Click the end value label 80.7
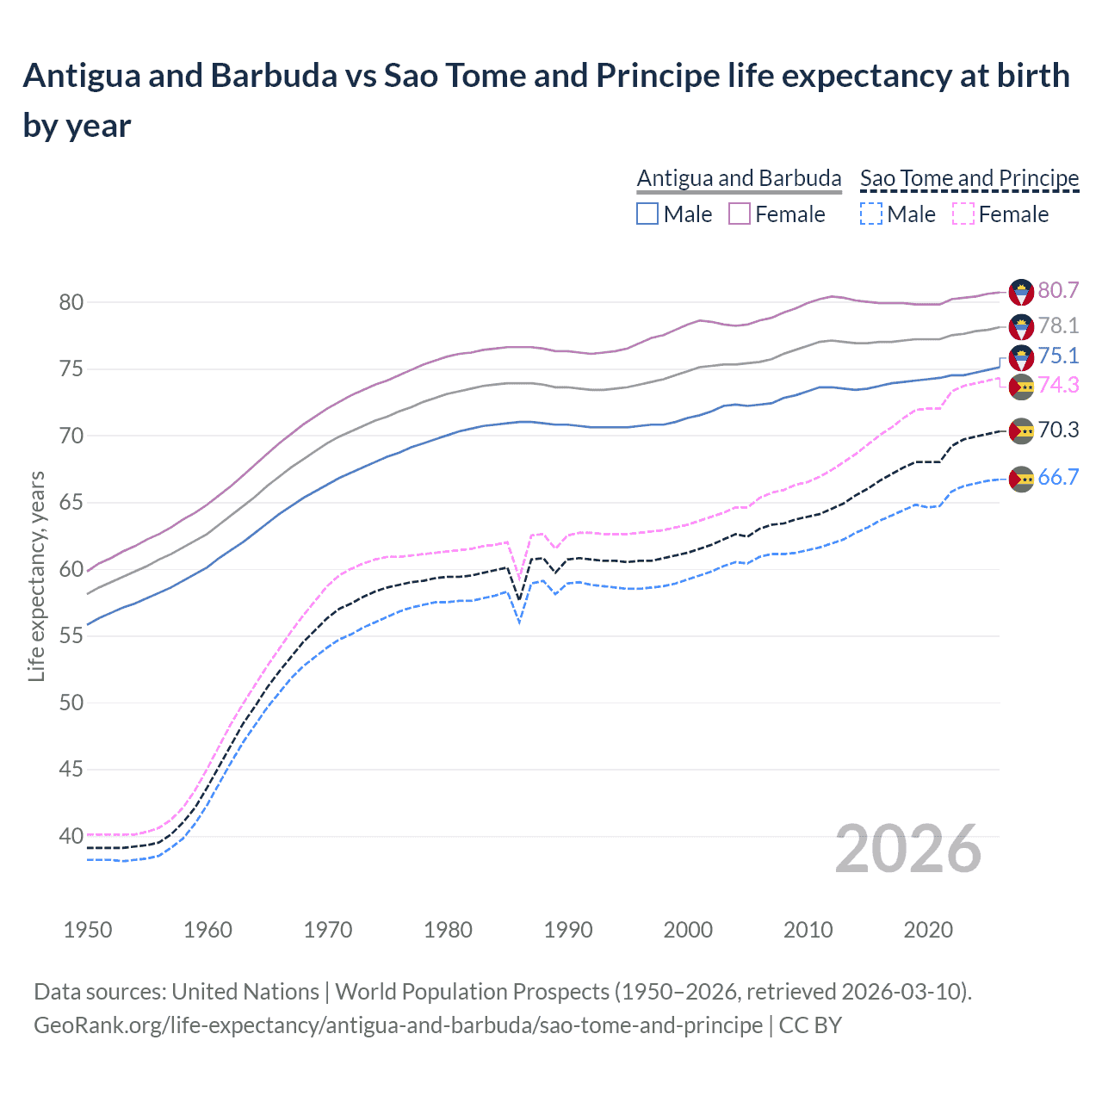pyautogui.click(x=1058, y=290)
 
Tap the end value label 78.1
pyautogui.click(x=1058, y=325)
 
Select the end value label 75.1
pyautogui.click(x=1058, y=356)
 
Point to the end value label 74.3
pyautogui.click(x=1058, y=385)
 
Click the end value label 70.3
pyautogui.click(x=1058, y=430)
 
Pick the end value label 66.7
pyautogui.click(x=1058, y=477)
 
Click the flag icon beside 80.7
pyautogui.click(x=1021, y=292)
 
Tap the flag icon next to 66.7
pyautogui.click(x=1021, y=479)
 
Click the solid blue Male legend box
pyautogui.click(x=647, y=214)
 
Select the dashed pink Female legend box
pyautogui.click(x=963, y=214)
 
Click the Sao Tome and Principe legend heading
pyautogui.click(x=969, y=178)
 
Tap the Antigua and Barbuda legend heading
pyautogui.click(x=739, y=178)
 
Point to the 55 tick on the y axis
pyautogui.click(x=71, y=635)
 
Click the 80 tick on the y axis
pyautogui.click(x=71, y=302)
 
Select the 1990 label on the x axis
pyautogui.click(x=568, y=930)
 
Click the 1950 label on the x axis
pyautogui.click(x=88, y=930)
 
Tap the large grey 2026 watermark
pyautogui.click(x=907, y=850)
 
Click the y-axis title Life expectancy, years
pyautogui.click(x=36, y=577)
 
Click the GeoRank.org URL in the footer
pyautogui.click(x=398, y=1025)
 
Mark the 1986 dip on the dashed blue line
pyautogui.click(x=519, y=621)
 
